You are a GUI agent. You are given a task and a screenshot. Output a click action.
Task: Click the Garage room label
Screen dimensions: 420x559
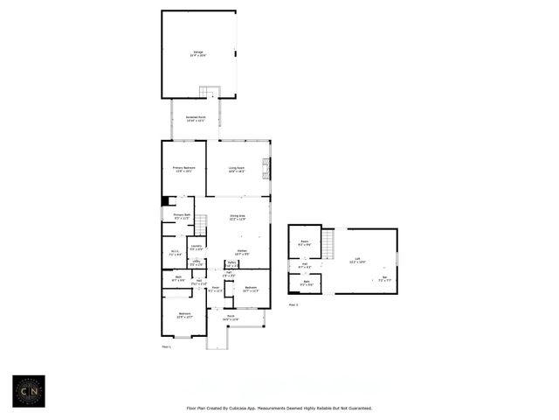pyautogui.click(x=198, y=53)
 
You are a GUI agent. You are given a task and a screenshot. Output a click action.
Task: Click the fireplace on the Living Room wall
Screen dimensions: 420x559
pyautogui.click(x=267, y=168)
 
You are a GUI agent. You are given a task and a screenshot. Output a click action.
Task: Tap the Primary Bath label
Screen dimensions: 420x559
pyautogui.click(x=181, y=215)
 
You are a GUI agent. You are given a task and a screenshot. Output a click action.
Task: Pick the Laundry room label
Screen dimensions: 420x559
pyautogui.click(x=197, y=248)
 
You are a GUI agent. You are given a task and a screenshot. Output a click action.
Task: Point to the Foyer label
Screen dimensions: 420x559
pyautogui.click(x=216, y=288)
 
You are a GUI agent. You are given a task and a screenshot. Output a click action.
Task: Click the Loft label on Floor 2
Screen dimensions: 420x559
pyautogui.click(x=357, y=259)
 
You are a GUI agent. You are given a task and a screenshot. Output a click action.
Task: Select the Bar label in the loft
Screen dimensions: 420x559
pyautogui.click(x=384, y=277)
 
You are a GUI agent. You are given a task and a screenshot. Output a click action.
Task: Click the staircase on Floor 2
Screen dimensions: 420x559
pyautogui.click(x=328, y=242)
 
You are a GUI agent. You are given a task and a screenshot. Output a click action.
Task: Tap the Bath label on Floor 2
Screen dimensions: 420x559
pyautogui.click(x=307, y=282)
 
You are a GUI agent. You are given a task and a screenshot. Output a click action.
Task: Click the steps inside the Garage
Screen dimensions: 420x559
pyautogui.click(x=208, y=92)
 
